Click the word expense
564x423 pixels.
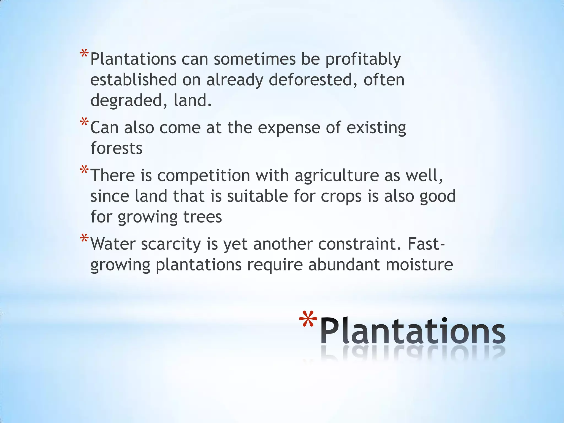point(289,128)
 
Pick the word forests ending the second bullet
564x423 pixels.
point(116,148)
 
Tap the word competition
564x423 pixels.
point(204,176)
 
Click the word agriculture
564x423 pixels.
point(337,176)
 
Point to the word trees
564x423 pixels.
point(202,217)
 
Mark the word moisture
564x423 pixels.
point(419,265)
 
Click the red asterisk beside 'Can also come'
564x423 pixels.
point(84,122)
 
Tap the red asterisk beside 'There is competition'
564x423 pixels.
point(84,170)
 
